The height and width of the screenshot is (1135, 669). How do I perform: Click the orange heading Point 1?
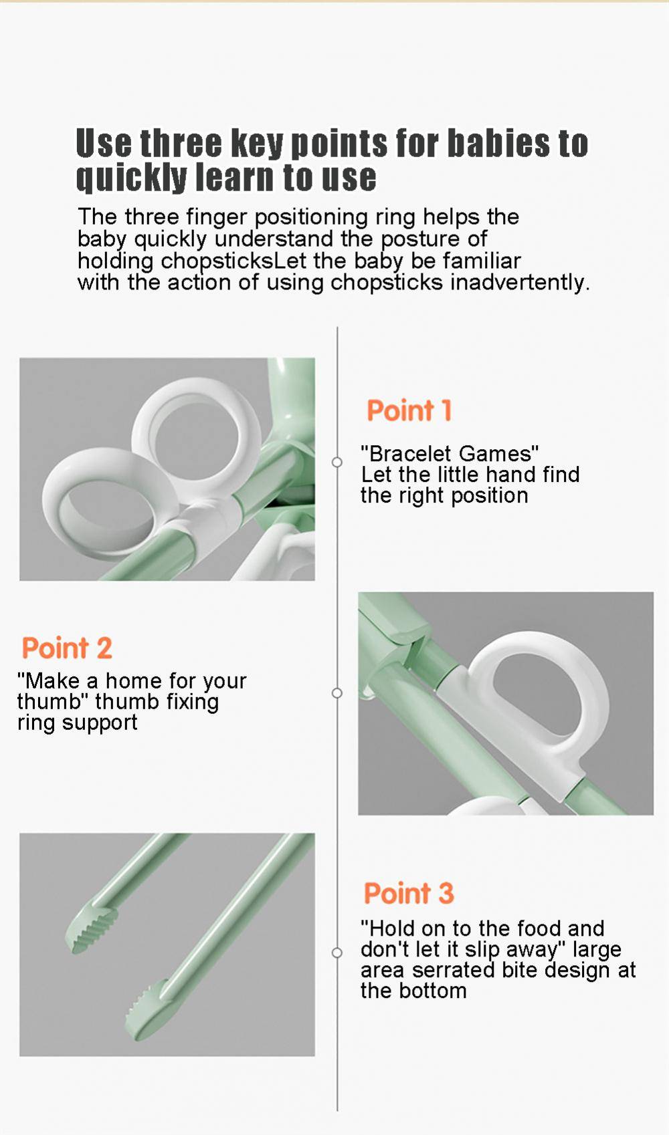click(x=409, y=410)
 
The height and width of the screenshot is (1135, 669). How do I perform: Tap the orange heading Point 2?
click(x=67, y=648)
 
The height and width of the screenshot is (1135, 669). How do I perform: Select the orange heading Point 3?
click(x=409, y=893)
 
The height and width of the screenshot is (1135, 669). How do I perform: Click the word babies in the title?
click(x=500, y=143)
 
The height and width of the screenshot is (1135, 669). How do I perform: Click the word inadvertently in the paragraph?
click(x=520, y=281)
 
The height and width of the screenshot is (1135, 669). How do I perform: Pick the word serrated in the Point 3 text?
click(x=454, y=970)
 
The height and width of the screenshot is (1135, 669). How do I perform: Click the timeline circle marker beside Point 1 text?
click(x=337, y=462)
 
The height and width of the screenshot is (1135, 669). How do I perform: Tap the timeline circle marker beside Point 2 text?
click(x=337, y=692)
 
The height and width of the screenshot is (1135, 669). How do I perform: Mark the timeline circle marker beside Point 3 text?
click(x=337, y=953)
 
